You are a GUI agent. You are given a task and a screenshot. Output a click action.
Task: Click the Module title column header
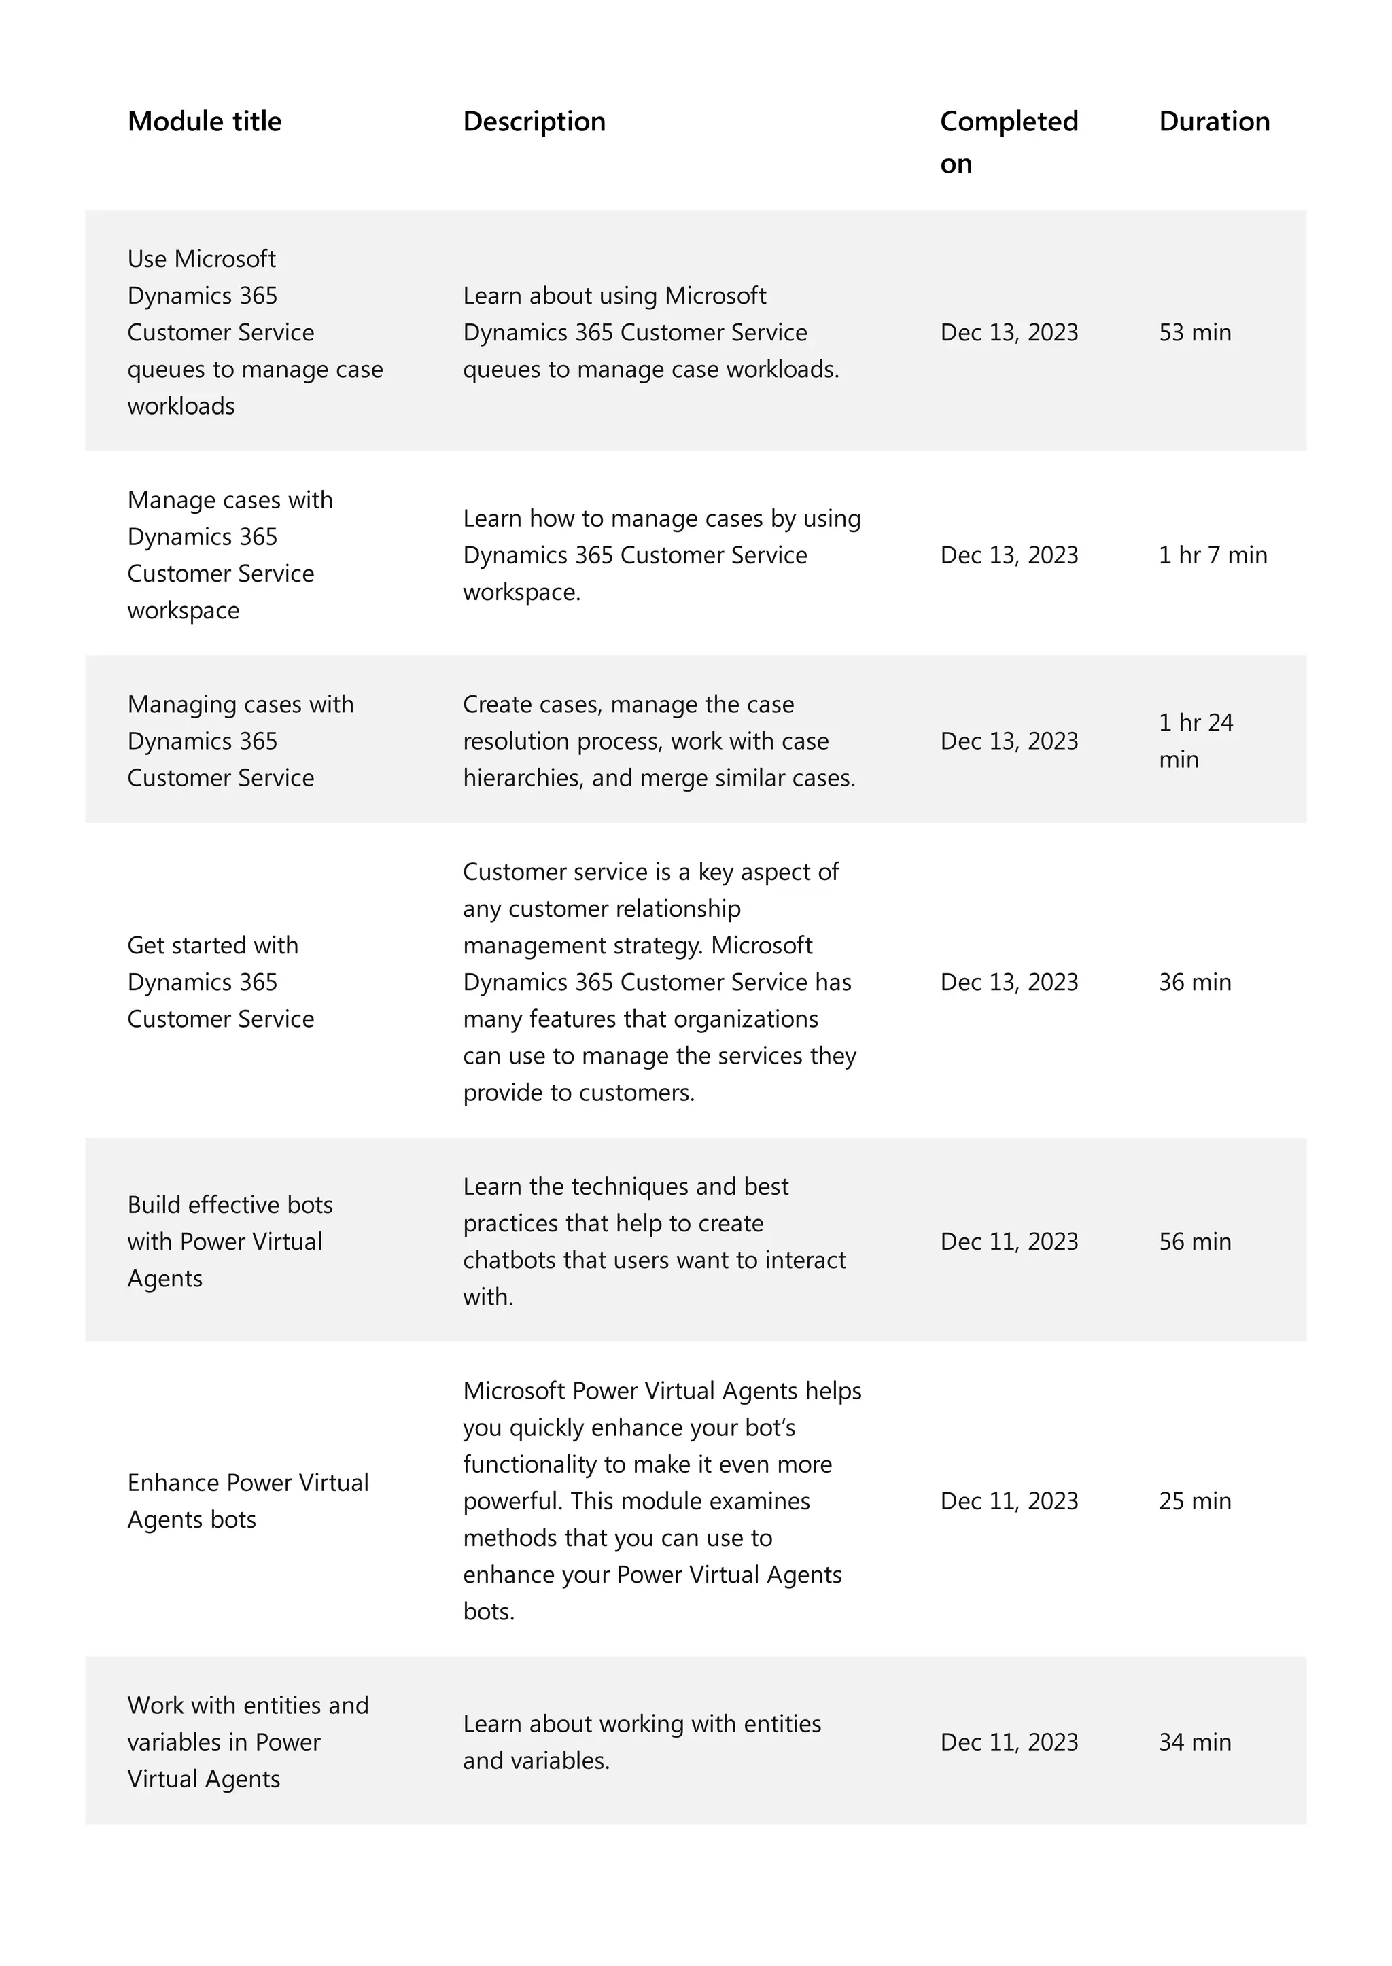point(204,122)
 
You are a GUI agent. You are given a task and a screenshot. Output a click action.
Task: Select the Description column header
point(534,122)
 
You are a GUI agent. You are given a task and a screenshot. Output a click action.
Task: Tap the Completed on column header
point(1008,141)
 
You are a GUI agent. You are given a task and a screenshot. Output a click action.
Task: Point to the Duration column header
point(1214,122)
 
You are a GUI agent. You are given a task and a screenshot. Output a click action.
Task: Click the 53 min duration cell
point(1194,332)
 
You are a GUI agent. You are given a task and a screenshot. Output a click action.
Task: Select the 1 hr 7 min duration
point(1212,555)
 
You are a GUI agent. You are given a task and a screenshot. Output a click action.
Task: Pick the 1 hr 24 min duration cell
point(1195,741)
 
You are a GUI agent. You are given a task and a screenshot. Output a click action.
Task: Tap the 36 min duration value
point(1194,982)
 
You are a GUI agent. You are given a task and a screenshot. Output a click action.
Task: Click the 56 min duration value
point(1194,1242)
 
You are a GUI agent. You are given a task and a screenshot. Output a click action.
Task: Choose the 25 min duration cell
point(1194,1501)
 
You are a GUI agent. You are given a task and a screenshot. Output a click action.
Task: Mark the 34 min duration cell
point(1194,1742)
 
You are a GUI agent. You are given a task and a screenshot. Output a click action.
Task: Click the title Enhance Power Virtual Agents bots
point(247,1501)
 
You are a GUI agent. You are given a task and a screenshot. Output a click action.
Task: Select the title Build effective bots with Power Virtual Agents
point(230,1242)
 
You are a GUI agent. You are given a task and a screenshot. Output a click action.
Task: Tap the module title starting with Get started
point(220,982)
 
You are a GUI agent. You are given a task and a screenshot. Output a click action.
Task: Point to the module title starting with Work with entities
point(247,1742)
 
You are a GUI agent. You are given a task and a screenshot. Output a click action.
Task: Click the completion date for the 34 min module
point(1008,1742)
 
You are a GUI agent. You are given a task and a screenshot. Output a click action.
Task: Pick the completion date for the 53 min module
point(1008,332)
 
